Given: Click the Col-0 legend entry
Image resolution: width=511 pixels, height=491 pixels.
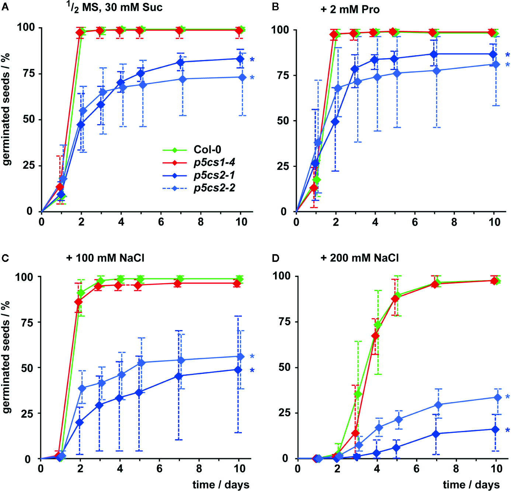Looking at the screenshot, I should pos(207,150).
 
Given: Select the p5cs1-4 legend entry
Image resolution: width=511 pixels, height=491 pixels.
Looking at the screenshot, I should pos(214,162).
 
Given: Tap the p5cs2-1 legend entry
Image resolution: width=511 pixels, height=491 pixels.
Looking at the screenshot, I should pos(214,175).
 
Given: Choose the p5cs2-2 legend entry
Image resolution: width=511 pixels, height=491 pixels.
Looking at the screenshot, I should pos(214,188).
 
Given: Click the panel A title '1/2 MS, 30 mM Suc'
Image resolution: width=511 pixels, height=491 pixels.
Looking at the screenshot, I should pos(115,7).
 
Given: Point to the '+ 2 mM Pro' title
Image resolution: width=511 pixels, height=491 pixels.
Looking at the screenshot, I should pos(350,9).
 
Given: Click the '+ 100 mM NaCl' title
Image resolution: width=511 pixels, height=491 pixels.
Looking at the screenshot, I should pos(105,258).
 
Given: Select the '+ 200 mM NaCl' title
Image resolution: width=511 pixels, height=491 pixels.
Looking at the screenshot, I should pos(359,258).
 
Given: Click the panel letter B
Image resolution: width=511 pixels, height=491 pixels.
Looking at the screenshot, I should pos(275,7).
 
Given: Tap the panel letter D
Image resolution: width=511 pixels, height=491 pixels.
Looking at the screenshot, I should pos(275,258).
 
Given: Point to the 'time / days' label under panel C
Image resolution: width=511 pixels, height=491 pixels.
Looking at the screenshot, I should pos(220,484).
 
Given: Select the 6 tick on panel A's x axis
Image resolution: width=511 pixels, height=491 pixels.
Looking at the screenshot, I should pos(161,222).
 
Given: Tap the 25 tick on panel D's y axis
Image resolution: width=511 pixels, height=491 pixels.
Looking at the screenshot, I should pos(284,413).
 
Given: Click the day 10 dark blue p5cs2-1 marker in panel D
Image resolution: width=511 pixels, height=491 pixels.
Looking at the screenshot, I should pos(496,429).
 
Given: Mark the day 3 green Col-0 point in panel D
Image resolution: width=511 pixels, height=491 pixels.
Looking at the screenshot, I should pos(357,394).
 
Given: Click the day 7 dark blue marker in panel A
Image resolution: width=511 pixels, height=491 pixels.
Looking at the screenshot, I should pos(180,62).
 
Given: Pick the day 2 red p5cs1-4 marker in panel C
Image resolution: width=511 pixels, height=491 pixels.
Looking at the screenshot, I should pos(79,302).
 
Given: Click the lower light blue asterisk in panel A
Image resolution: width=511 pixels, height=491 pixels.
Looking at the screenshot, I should pos(252,78).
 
